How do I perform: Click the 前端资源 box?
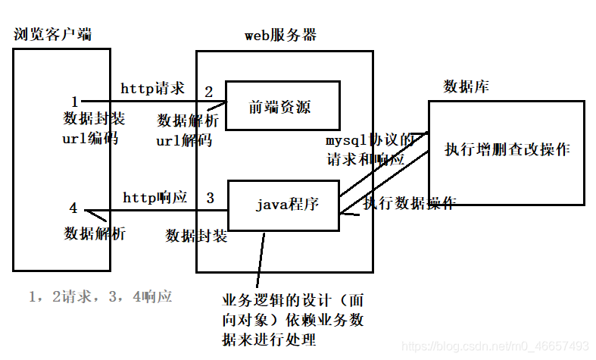coord(281,108)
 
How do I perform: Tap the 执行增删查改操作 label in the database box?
coord(507,149)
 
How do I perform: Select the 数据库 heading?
coord(466,86)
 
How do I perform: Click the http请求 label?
coord(153,89)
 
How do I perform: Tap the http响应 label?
coord(154,198)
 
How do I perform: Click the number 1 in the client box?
coord(74,102)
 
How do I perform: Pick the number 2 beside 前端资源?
coord(209,92)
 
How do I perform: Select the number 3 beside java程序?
coord(211,199)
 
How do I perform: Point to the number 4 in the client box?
coord(73,208)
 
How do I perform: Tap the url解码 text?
coord(184,140)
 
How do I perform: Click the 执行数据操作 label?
coord(409,203)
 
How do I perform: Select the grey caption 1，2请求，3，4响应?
coord(100,296)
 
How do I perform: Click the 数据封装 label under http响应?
coord(196,236)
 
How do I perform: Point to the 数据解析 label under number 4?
coord(95,233)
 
